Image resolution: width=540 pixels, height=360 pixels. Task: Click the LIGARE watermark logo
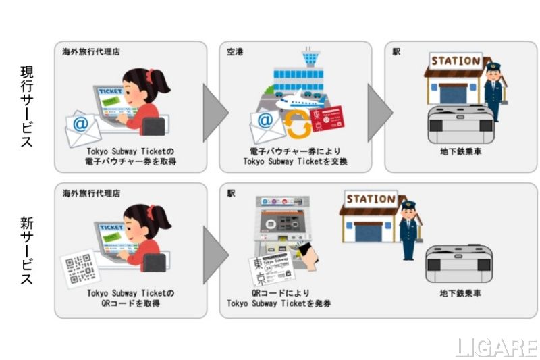(x=496, y=347)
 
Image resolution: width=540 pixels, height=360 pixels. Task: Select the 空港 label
(x=236, y=51)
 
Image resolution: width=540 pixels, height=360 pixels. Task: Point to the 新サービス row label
(x=26, y=250)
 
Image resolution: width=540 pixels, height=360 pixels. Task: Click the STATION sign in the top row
(x=456, y=61)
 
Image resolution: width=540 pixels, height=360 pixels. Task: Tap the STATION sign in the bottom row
(x=371, y=199)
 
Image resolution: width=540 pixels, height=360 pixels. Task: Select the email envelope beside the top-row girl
(x=83, y=127)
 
